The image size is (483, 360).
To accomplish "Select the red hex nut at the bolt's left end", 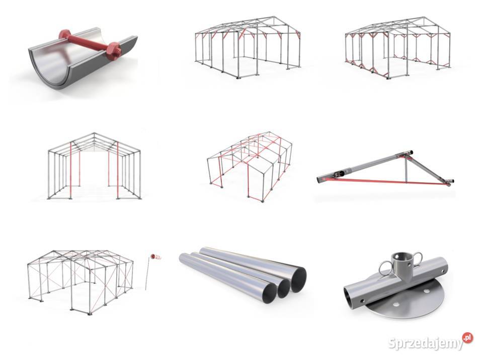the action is point(65,35).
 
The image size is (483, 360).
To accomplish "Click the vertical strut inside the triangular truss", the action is point(406,170).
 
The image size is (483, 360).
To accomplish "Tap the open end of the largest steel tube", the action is point(298,280).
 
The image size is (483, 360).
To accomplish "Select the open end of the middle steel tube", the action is point(284,289).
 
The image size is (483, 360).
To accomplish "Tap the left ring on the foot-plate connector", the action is point(385,268).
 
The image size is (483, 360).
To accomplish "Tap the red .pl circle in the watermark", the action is point(467,337).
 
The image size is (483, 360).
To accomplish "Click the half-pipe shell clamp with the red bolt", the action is point(83,58).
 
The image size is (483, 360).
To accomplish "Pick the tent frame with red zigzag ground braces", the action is point(397,47).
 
